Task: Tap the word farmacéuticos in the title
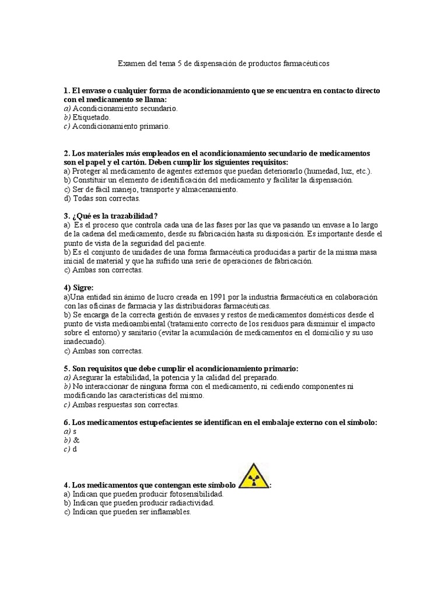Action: point(307,64)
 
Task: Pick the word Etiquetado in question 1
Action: point(92,117)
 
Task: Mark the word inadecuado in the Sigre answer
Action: point(84,342)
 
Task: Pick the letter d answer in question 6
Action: point(75,449)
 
